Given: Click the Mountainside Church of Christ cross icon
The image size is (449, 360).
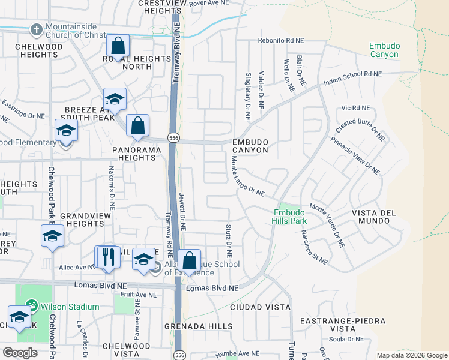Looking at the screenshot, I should (x=36, y=29).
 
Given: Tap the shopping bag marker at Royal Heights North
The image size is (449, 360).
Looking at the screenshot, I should (x=118, y=44).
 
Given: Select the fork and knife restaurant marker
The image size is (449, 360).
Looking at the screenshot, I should (x=108, y=256).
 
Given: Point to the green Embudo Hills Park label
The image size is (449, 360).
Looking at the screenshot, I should (x=290, y=216).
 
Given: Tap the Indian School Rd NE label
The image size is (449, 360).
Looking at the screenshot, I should (x=352, y=77).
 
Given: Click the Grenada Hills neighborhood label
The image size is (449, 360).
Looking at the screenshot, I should (x=199, y=326).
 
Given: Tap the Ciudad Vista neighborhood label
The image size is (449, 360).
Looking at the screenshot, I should (x=260, y=307).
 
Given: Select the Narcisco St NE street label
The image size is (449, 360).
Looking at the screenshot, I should (x=315, y=247).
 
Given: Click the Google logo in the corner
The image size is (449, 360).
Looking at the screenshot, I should (x=20, y=353).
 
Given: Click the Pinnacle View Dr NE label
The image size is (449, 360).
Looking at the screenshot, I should (x=355, y=155).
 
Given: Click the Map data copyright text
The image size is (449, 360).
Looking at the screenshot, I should (x=411, y=355).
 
